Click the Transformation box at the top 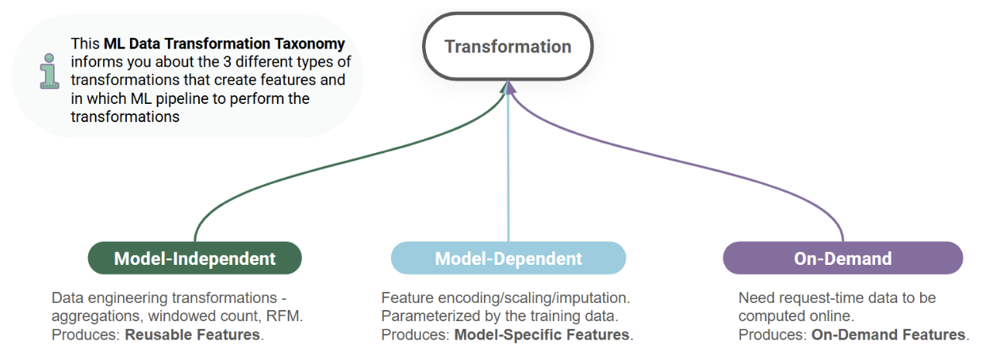(x=508, y=47)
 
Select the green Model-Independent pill (x=194, y=259)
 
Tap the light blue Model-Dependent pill (x=508, y=259)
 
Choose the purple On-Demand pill (x=842, y=259)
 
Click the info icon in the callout (x=50, y=71)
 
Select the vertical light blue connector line (x=508, y=174)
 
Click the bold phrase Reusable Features (x=192, y=335)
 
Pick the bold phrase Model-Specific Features (x=543, y=335)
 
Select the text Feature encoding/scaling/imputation (x=505, y=298)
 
